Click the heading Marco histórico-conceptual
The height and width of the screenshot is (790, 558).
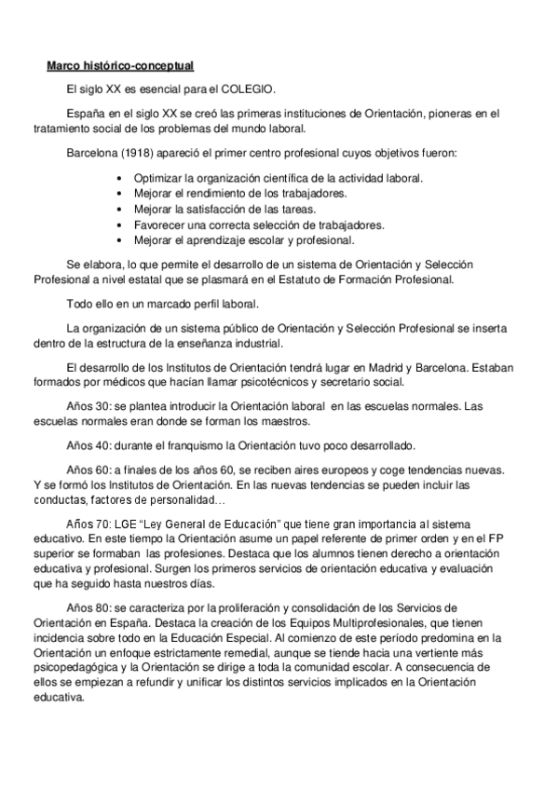click(120, 66)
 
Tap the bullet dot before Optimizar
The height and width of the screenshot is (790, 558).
click(120, 177)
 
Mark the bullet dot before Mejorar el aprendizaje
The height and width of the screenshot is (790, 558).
click(120, 240)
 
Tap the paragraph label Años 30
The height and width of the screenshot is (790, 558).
click(88, 406)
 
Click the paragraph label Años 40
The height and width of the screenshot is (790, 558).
click(88, 444)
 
